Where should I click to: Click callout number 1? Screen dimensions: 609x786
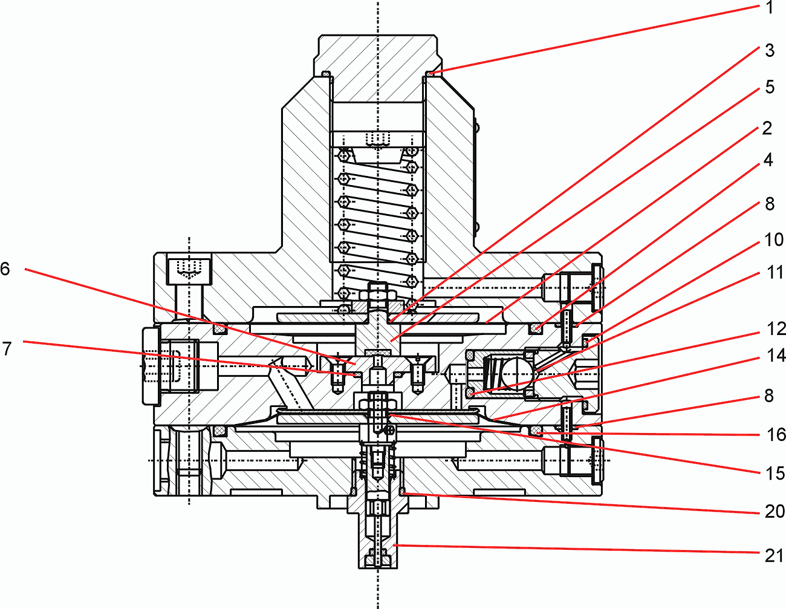[769, 8]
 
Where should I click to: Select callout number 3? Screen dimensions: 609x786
[769, 50]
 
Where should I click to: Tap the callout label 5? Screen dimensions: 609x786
[769, 87]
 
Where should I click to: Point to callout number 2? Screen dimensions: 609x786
[767, 128]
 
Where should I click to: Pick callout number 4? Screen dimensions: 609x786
[768, 160]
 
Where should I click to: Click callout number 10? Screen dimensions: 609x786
[774, 240]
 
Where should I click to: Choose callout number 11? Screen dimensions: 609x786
[775, 273]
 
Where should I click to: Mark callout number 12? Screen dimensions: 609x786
[776, 329]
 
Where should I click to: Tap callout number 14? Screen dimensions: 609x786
[776, 356]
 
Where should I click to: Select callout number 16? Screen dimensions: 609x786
[776, 434]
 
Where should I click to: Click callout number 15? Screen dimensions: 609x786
[775, 473]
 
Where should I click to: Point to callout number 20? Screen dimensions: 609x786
[775, 512]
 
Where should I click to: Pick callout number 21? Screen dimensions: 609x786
[775, 555]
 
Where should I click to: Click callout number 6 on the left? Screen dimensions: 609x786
[5, 269]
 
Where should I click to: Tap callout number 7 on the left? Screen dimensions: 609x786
[7, 348]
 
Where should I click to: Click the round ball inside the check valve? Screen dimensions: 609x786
[518, 370]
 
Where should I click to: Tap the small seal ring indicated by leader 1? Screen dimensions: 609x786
[429, 74]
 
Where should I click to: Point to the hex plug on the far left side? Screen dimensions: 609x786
[151, 366]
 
